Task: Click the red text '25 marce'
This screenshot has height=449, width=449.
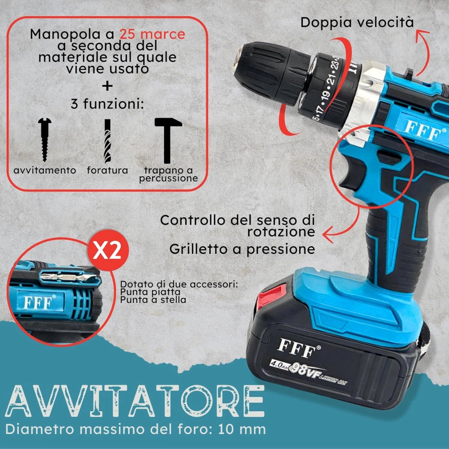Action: [152, 35]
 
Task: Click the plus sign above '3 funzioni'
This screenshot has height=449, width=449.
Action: [107, 86]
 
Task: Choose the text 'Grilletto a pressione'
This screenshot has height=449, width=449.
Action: [242, 249]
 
